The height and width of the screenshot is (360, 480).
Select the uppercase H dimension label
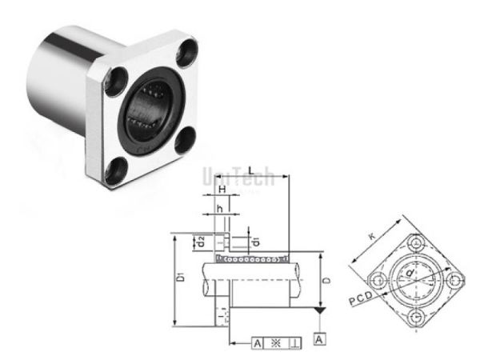(x=222, y=190)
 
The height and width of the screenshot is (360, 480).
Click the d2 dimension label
(x=202, y=239)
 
